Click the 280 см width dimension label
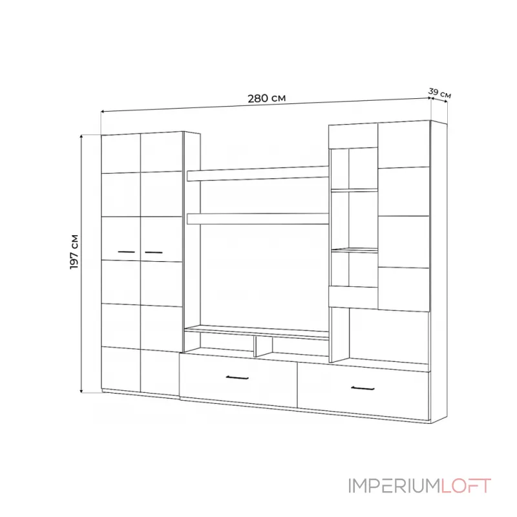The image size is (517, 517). [266, 99]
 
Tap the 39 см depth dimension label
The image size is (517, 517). [439, 93]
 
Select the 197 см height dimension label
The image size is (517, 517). [75, 251]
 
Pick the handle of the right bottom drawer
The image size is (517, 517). [363, 388]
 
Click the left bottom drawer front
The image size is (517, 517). [238, 381]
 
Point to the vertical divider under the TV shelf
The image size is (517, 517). [255, 347]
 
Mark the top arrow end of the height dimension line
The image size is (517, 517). [82, 136]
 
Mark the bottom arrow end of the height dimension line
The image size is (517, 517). [82, 392]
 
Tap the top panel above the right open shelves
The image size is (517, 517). [353, 136]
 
